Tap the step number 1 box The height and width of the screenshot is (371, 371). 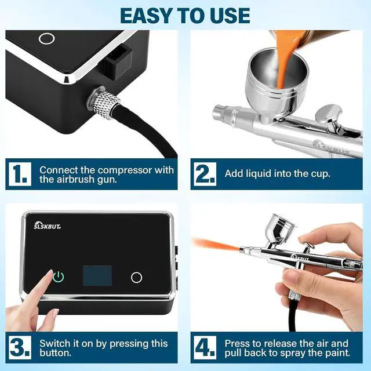[20, 174]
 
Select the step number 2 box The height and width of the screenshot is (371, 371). [205, 174]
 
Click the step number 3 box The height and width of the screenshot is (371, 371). [20, 347]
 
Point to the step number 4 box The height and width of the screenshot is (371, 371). [205, 347]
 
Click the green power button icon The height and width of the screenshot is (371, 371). [58, 277]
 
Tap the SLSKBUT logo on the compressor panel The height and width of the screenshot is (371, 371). [47, 225]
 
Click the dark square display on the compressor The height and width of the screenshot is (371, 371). [97, 275]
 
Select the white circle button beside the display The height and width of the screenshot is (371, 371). [137, 277]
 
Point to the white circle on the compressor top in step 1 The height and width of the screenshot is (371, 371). [47, 38]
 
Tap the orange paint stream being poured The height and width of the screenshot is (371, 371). [285, 59]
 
